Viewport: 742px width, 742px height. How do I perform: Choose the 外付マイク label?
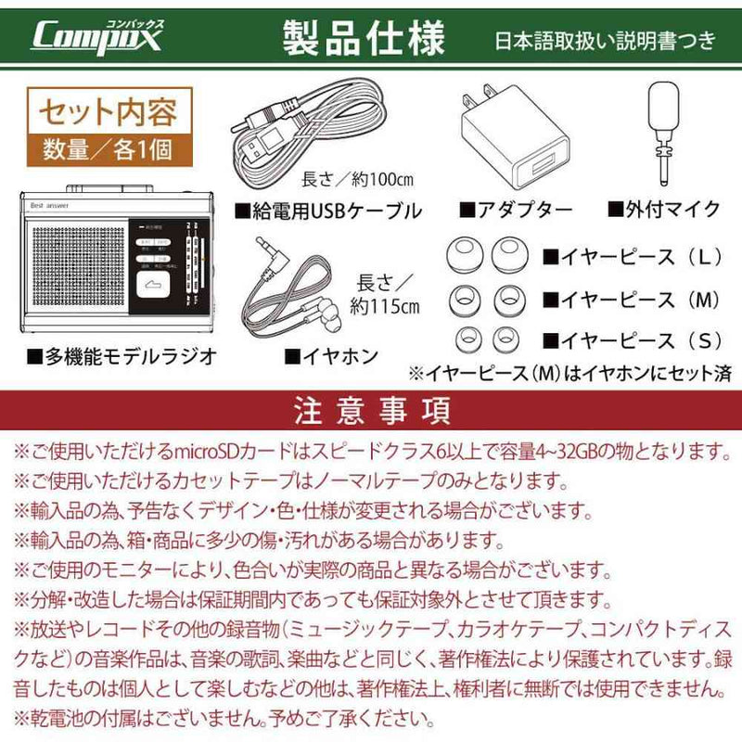click(x=663, y=210)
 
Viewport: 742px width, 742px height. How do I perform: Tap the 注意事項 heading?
click(x=371, y=409)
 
